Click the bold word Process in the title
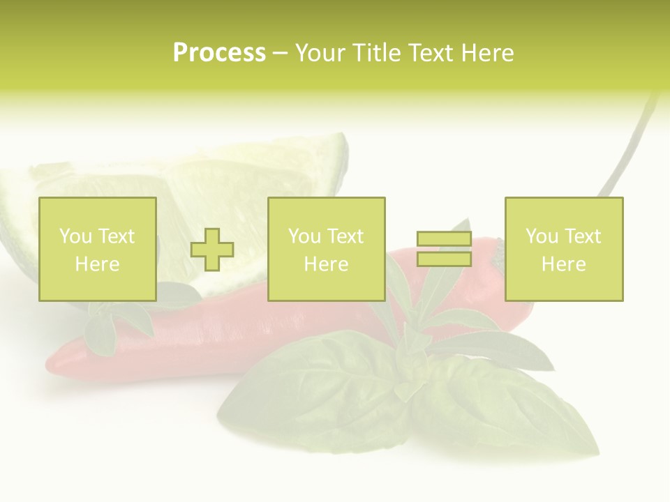(219, 53)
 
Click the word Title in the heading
(376, 53)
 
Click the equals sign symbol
(444, 250)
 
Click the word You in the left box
(75, 236)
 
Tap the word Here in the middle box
(327, 264)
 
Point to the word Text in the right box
(582, 236)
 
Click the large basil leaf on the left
(314, 397)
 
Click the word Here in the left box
(98, 264)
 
